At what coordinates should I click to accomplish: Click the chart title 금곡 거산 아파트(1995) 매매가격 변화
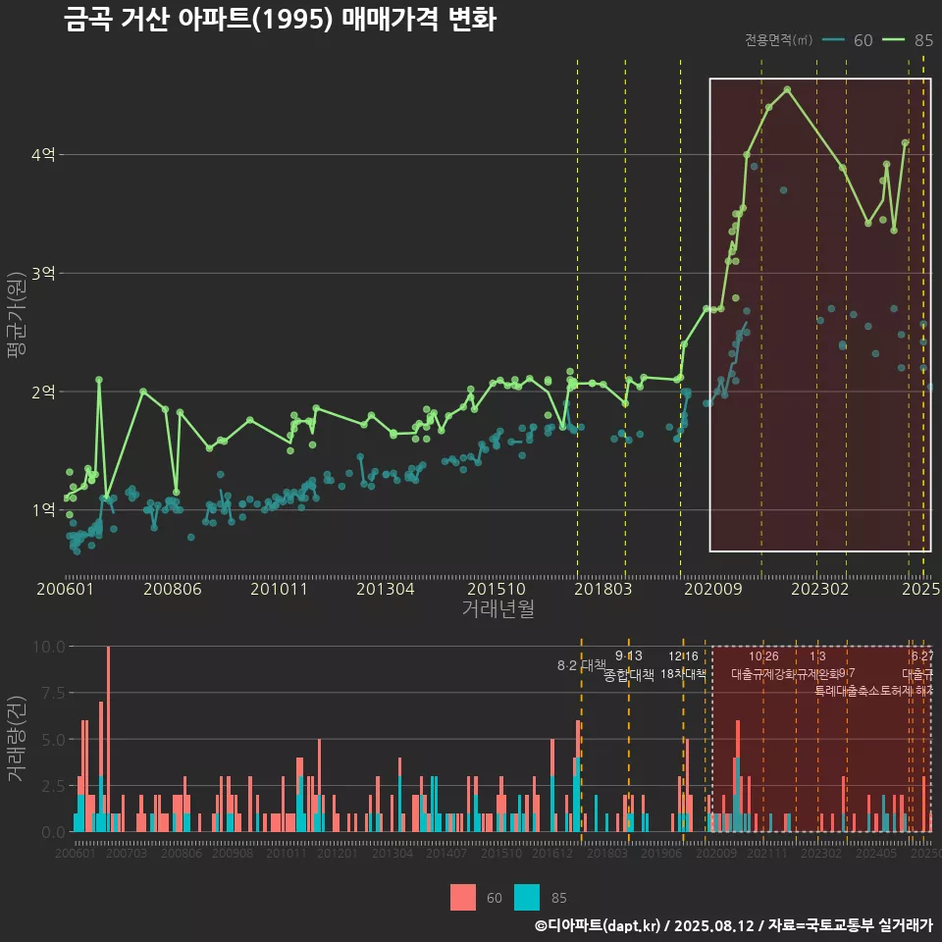coord(280,21)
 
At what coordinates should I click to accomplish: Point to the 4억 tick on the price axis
coord(44,154)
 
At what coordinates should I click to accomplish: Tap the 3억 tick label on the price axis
coord(44,273)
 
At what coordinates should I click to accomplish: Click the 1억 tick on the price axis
coord(44,510)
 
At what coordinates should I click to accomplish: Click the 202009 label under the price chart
coord(710,589)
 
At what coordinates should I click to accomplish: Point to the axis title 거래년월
coord(497,608)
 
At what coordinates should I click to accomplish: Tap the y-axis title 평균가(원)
coord(16,314)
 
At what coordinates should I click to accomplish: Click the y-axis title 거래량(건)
coord(16,739)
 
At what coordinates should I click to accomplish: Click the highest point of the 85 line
coord(788,89)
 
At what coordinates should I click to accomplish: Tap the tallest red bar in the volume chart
coord(108,739)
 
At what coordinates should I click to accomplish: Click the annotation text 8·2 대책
coord(582,665)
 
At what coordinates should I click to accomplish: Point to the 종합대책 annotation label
coord(629,674)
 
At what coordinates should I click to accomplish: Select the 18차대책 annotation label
coord(684,674)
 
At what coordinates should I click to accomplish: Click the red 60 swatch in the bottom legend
coord(463,897)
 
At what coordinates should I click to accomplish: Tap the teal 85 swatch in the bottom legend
coord(527,897)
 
